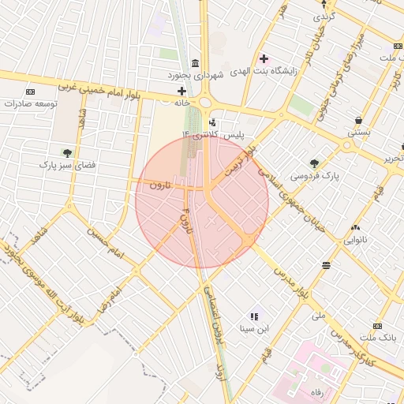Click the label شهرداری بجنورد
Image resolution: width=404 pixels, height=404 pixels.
[x=196, y=75]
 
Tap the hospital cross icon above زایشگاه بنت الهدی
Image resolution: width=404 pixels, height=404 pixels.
[x=264, y=58]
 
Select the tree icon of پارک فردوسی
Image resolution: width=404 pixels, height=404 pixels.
[x=314, y=163]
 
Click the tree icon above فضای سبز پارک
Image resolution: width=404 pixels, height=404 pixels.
[x=67, y=152]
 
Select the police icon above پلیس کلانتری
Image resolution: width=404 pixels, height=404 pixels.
[x=214, y=122]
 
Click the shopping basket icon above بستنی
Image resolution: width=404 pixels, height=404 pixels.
[x=359, y=121]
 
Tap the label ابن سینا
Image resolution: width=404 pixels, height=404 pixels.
[x=255, y=328]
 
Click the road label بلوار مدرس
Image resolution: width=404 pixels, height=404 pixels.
[x=290, y=282]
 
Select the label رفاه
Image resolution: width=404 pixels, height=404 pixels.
[x=317, y=392]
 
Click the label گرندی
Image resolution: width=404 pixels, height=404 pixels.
[x=325, y=16]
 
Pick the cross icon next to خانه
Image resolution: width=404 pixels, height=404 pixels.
[x=181, y=92]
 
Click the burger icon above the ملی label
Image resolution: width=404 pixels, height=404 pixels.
[x=326, y=266]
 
